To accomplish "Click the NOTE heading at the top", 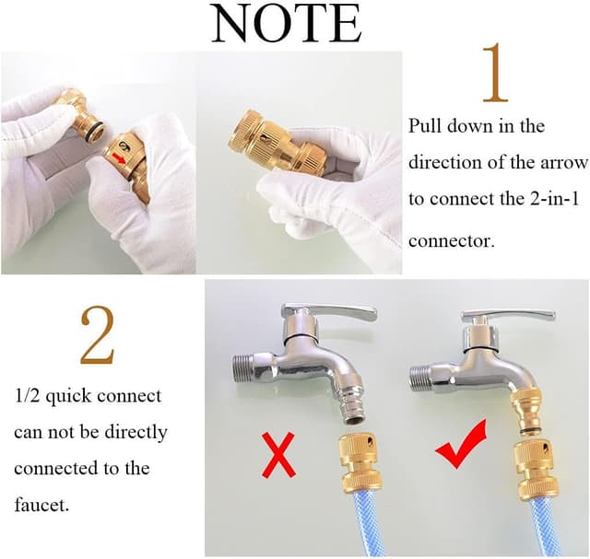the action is click(x=287, y=23).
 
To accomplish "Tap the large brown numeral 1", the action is click(x=496, y=73).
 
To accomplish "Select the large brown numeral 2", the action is click(x=97, y=335).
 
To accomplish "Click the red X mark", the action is click(x=278, y=455).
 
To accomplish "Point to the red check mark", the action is click(x=462, y=446).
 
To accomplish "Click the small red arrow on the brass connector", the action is click(x=119, y=158).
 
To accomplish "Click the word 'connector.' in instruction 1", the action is click(x=451, y=241).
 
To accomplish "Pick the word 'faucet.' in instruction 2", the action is click(x=41, y=505).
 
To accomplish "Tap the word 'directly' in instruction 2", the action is click(x=136, y=433).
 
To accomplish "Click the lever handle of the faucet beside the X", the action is click(x=330, y=311).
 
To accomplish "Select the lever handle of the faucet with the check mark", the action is click(x=508, y=315).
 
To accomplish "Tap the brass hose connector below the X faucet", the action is click(x=360, y=461).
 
